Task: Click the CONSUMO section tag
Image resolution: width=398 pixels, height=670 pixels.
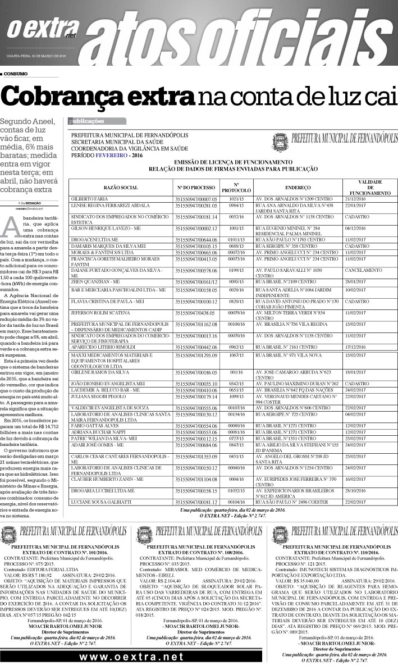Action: click(15, 74)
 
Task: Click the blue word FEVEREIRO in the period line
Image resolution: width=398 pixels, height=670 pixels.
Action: click(112, 154)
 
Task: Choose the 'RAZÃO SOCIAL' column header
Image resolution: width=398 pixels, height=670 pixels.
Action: click(121, 187)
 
